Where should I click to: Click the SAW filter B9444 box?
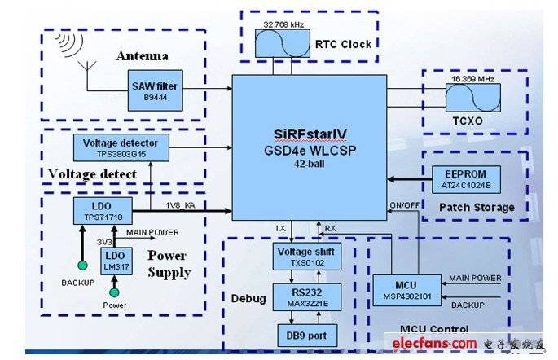tap(155, 90)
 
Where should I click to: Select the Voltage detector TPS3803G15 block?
tap(121, 147)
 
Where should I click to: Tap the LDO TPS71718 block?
tap(103, 211)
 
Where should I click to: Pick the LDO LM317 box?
tap(116, 261)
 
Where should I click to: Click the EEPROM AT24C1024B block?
tap(466, 180)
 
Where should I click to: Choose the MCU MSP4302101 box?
tap(407, 290)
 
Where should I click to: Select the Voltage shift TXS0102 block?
tap(307, 257)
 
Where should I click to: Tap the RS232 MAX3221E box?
tap(307, 297)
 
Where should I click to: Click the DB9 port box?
tap(307, 336)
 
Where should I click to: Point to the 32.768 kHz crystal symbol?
tap(282, 43)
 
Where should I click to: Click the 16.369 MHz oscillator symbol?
tap(473, 98)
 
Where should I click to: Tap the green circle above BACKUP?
tap(82, 266)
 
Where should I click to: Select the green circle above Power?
tap(114, 292)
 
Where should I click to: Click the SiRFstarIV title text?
tap(310, 134)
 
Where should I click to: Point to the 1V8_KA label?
tap(180, 205)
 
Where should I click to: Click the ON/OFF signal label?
tap(404, 205)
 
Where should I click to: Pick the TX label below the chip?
tap(280, 228)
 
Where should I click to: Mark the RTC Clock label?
tap(344, 44)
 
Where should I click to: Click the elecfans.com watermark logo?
tap(434, 343)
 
